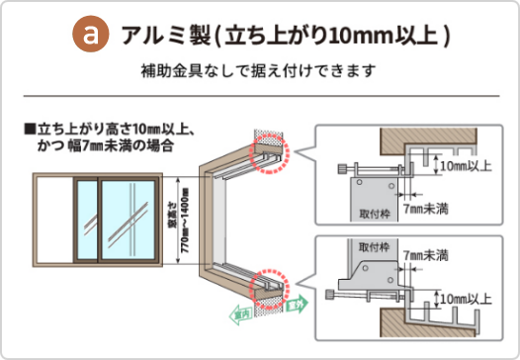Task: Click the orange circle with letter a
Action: (x=92, y=36)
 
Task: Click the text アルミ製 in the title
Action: (x=157, y=37)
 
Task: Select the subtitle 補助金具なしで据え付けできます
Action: (x=260, y=72)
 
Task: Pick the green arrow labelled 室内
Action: (x=240, y=315)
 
